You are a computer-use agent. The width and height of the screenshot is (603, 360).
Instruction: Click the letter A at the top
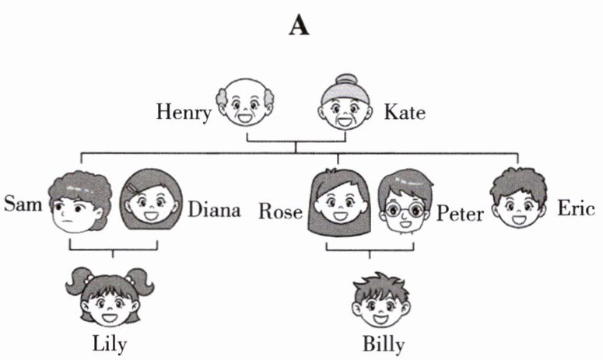[x=300, y=25]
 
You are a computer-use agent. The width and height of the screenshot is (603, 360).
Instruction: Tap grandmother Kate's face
[x=345, y=109]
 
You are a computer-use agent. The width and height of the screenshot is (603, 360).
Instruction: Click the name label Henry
[x=184, y=114]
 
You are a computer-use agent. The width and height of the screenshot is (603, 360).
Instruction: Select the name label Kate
[x=405, y=114]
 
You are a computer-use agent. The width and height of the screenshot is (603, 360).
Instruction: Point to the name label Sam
[x=23, y=204]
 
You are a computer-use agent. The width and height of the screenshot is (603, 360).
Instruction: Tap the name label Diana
[x=214, y=210]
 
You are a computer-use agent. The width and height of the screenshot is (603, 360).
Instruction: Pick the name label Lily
[x=109, y=344]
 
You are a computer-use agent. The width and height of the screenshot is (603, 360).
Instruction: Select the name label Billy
[x=384, y=344]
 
